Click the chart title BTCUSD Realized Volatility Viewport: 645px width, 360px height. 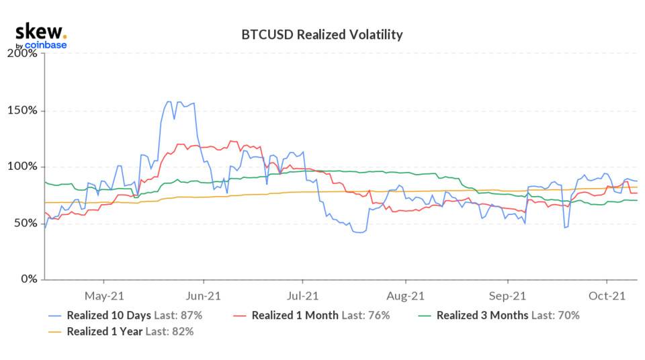click(x=322, y=35)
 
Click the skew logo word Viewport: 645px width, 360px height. click(x=39, y=31)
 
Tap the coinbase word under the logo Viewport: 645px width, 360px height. click(x=46, y=46)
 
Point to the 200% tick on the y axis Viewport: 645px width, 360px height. click(x=23, y=54)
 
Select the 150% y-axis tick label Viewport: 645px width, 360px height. click(x=23, y=110)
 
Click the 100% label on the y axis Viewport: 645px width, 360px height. click(x=23, y=167)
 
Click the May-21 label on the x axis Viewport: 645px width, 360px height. click(x=103, y=295)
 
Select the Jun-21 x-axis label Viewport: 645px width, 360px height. click(x=203, y=295)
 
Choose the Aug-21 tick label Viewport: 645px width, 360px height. click(x=406, y=295)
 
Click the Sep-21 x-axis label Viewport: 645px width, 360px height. click(x=507, y=295)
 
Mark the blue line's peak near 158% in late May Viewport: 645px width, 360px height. click(x=168, y=102)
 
